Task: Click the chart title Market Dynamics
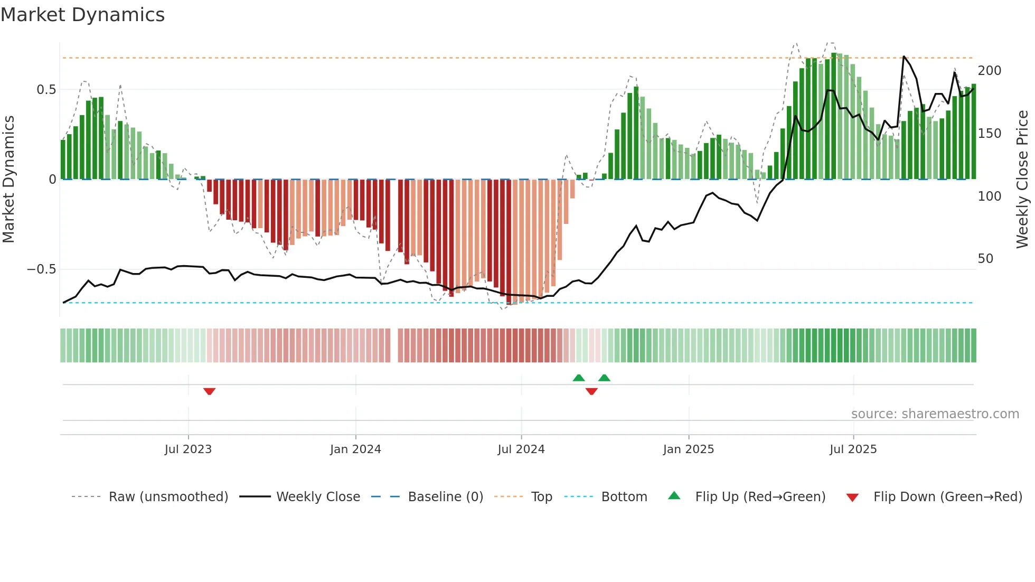[82, 15]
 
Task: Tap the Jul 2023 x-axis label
[188, 449]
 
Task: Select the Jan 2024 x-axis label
[355, 449]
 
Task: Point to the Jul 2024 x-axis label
[521, 449]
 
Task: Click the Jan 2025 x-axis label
[689, 449]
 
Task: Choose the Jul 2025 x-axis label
[853, 449]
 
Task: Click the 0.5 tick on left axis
[46, 90]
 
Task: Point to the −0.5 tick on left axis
[42, 269]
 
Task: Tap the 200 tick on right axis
[990, 71]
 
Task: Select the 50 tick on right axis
[985, 259]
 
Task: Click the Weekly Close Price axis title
[1022, 180]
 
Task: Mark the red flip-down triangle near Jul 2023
[209, 391]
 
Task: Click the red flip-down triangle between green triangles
[591, 391]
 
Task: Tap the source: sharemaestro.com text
[935, 414]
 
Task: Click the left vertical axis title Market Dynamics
[8, 180]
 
